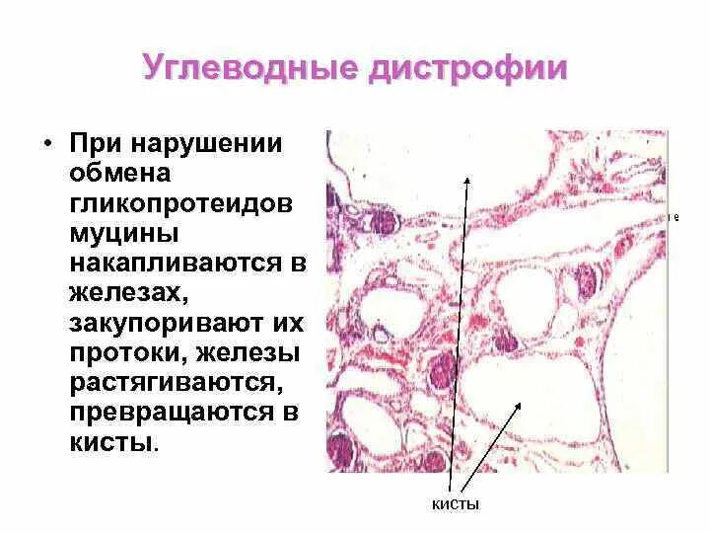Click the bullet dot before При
[x=47, y=144]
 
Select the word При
[x=95, y=144]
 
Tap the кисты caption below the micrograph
[x=457, y=505]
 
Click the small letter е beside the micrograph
[x=675, y=216]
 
